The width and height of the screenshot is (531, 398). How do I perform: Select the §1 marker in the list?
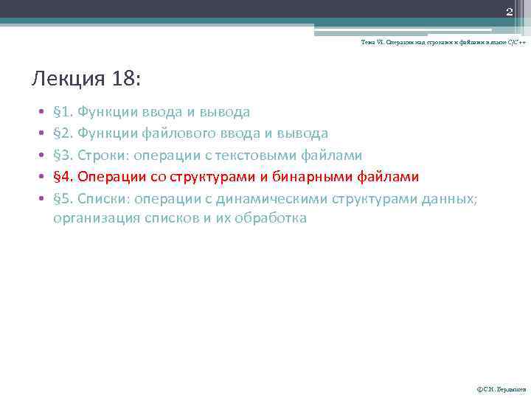[x=63, y=112]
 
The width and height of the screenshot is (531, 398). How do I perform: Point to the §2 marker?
[x=63, y=133]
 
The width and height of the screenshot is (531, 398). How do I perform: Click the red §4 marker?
[x=63, y=177]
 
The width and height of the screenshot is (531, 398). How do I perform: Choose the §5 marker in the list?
[x=63, y=198]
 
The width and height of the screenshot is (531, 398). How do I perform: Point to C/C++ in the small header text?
[x=516, y=43]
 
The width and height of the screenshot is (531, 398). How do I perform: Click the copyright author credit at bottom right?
[x=502, y=388]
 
